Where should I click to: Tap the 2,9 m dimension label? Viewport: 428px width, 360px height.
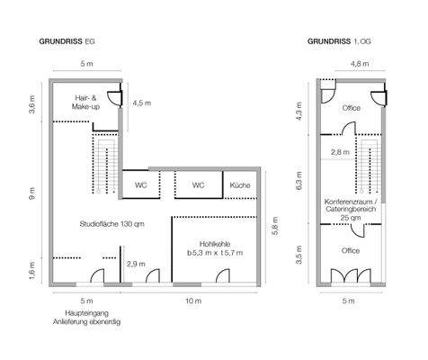[x=137, y=264]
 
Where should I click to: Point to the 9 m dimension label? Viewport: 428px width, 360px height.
[x=33, y=192]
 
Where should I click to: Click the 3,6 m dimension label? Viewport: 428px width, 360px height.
[x=33, y=107]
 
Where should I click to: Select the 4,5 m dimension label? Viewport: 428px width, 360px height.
[x=141, y=103]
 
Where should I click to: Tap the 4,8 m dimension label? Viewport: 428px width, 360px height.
[x=359, y=64]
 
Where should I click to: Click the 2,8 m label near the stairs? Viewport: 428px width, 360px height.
[x=341, y=152]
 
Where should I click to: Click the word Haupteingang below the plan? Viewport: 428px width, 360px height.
[x=86, y=312]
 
